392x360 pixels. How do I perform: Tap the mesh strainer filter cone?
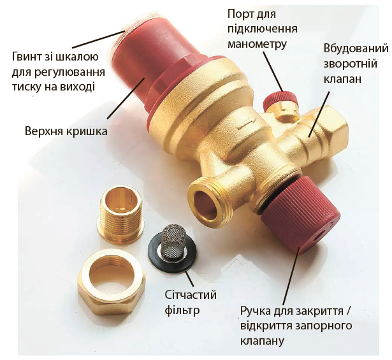pos(173,242)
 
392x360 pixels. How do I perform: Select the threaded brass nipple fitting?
pos(120,214)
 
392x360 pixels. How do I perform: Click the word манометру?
pos(257,44)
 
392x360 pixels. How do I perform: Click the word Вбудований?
pos(356,48)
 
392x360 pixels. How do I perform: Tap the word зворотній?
pos(351,64)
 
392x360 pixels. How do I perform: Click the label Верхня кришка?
pos(66,131)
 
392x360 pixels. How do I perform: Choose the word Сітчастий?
pos(191,295)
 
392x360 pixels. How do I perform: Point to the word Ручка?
pos(256,312)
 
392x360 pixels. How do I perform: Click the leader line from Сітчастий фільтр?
pos(189,279)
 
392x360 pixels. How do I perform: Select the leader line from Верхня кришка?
pos(126,98)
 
